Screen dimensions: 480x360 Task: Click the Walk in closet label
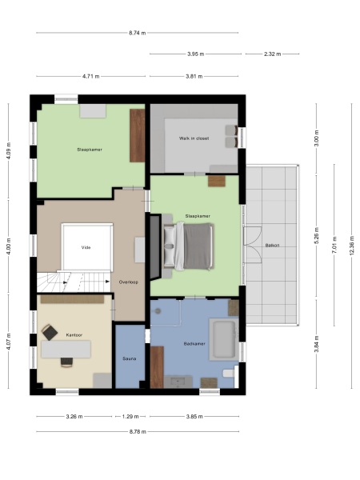[194, 138]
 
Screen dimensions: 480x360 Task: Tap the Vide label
[86, 248]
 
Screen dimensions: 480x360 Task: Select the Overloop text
[129, 282]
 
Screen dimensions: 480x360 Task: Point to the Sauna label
[129, 358]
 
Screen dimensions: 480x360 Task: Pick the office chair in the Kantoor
[50, 331]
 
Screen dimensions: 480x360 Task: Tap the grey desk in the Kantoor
[67, 348]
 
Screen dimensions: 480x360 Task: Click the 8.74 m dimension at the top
[138, 33]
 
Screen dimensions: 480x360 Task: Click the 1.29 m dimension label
[130, 416]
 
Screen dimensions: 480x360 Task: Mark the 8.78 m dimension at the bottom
[138, 432]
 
